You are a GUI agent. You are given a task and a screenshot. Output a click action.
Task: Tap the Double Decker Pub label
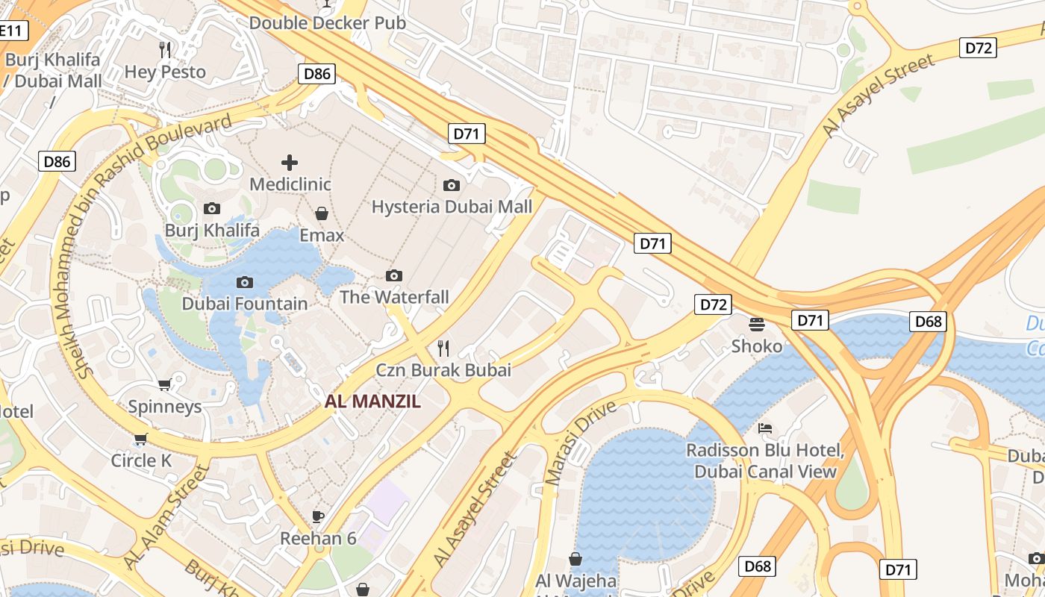pyautogui.click(x=327, y=22)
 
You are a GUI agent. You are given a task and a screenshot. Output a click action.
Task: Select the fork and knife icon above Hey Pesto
pyautogui.click(x=165, y=50)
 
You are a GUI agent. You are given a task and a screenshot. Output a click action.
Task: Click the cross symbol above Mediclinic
pyautogui.click(x=290, y=162)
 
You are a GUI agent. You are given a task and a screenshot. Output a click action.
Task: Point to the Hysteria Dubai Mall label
pyautogui.click(x=452, y=207)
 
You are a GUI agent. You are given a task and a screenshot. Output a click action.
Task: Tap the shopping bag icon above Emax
pyautogui.click(x=322, y=214)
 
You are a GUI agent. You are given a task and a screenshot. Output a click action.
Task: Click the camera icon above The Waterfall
pyautogui.click(x=394, y=276)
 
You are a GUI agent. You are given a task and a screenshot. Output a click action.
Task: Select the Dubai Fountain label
pyautogui.click(x=244, y=304)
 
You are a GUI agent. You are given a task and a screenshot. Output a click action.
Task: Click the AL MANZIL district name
pyautogui.click(x=372, y=401)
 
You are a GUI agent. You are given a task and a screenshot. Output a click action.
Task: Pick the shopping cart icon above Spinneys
pyautogui.click(x=165, y=384)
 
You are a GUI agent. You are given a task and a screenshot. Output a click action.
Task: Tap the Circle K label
pyautogui.click(x=141, y=460)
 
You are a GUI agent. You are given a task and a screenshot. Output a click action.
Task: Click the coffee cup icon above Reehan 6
pyautogui.click(x=318, y=516)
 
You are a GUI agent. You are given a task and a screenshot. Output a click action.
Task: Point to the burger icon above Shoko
pyautogui.click(x=757, y=324)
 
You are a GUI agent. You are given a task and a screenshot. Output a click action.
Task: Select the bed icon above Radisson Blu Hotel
pyautogui.click(x=765, y=428)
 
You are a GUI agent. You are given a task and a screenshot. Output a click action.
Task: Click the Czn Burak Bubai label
pyautogui.click(x=443, y=369)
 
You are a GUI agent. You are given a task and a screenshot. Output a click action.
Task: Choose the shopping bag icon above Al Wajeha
pyautogui.click(x=575, y=559)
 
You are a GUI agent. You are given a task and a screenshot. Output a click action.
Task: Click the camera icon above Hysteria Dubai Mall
pyautogui.click(x=452, y=185)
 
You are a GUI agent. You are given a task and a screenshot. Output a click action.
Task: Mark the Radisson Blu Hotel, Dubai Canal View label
pyautogui.click(x=765, y=461)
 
